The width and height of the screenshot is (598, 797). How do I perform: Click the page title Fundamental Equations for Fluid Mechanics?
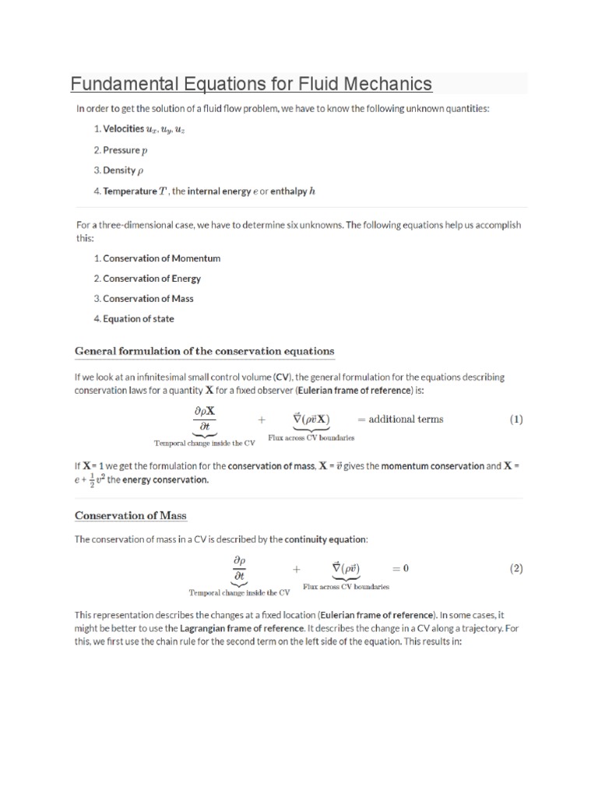[251, 83]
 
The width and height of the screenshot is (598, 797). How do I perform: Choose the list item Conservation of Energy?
[151, 279]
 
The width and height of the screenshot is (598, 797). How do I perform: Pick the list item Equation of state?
[138, 319]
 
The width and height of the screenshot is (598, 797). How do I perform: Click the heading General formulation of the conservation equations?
[204, 351]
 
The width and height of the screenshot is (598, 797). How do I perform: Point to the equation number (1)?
[516, 420]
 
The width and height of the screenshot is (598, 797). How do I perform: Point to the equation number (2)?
[516, 568]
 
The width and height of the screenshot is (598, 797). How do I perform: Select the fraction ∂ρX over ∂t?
[205, 418]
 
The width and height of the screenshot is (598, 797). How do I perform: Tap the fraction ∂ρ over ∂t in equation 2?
[240, 568]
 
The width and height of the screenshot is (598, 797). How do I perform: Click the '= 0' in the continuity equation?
[400, 568]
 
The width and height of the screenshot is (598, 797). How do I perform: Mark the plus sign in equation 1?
[262, 420]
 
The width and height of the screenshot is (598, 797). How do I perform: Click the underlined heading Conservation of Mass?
[130, 515]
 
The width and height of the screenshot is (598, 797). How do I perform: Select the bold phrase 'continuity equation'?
[325, 539]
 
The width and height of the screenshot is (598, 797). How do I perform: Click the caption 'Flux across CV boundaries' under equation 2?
[346, 587]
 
